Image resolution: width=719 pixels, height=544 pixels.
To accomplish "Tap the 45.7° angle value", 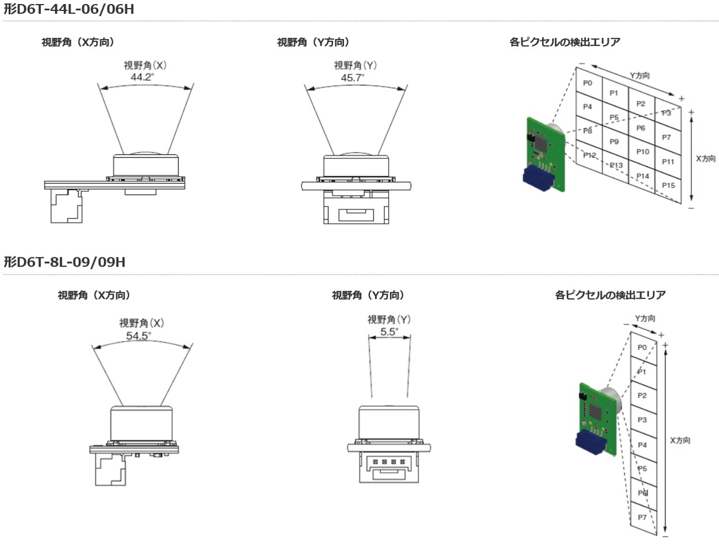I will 352,77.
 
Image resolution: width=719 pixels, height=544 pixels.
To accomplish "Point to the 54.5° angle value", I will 138,334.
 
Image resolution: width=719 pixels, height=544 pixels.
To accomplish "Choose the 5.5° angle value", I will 389,332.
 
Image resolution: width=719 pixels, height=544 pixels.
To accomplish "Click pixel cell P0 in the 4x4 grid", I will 588,83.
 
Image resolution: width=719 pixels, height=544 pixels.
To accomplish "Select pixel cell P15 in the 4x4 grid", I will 668,185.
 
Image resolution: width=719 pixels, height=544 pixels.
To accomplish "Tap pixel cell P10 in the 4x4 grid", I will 643,151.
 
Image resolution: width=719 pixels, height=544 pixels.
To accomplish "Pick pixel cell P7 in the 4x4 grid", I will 667,138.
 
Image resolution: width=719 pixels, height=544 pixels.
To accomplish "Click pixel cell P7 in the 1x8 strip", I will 642,518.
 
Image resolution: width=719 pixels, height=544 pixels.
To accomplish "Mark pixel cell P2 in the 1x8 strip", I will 642,395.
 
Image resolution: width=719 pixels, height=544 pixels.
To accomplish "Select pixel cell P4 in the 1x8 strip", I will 642,445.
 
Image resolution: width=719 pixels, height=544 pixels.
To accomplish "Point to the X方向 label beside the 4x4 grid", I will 706,159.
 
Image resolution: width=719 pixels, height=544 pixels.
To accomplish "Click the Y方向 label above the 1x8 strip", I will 645,318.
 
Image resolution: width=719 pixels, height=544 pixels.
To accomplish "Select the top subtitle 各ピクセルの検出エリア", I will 565,42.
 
